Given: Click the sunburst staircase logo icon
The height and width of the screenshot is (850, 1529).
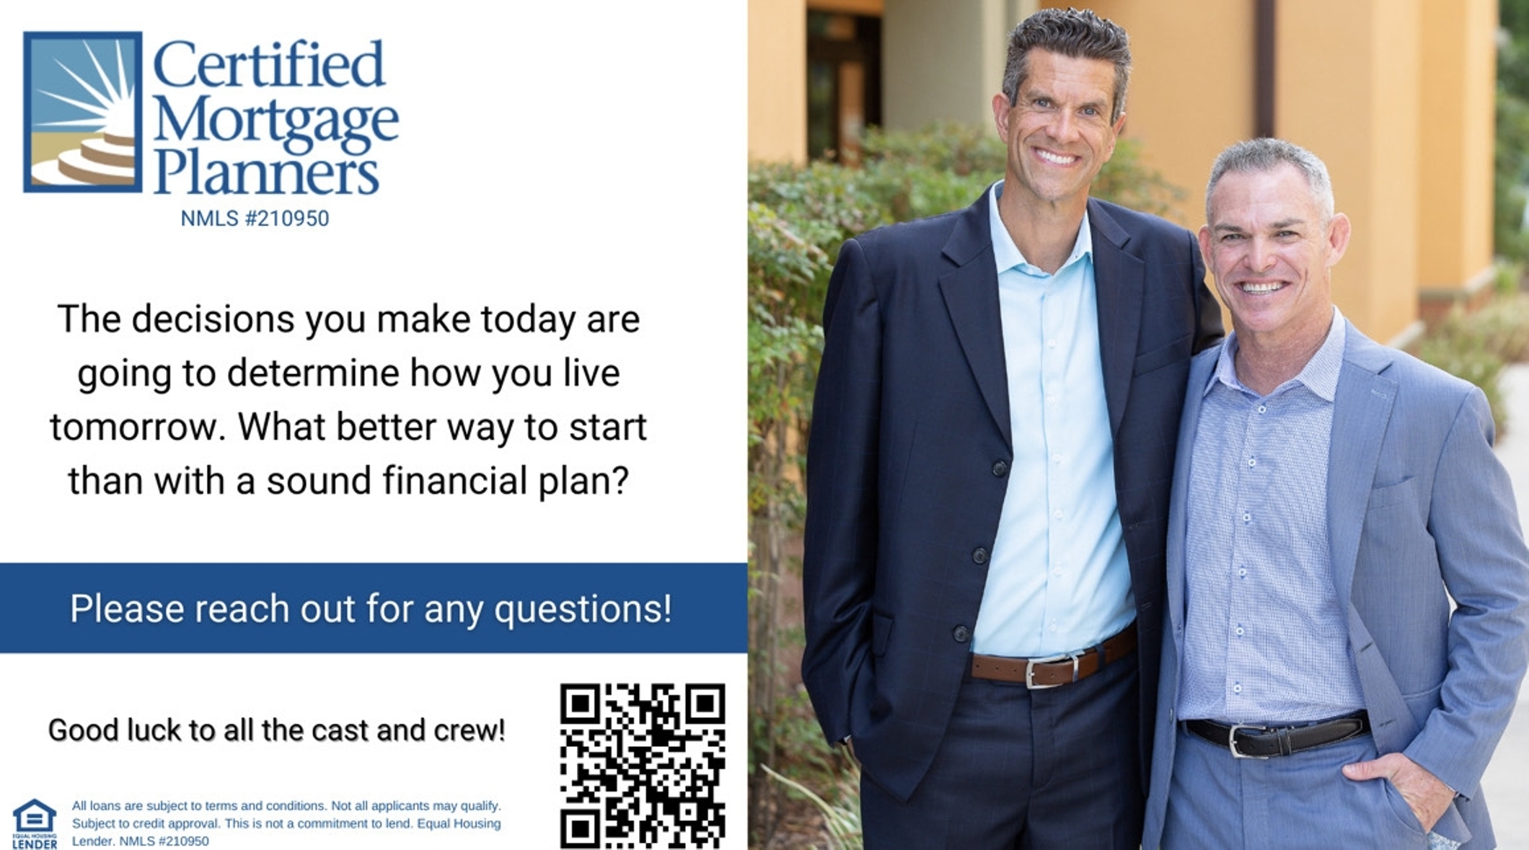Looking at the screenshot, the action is [x=83, y=112].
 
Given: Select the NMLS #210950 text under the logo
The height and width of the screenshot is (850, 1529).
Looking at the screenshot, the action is [x=255, y=218].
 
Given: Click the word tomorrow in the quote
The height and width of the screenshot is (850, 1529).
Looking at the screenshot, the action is [x=134, y=427].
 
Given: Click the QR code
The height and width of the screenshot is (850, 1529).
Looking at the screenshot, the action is [x=643, y=766].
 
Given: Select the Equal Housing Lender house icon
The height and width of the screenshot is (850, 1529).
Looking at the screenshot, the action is [x=34, y=823].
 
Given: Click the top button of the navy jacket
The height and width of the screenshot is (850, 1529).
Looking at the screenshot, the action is [x=999, y=469].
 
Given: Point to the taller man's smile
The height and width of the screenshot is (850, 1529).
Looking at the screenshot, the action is [x=1057, y=156].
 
